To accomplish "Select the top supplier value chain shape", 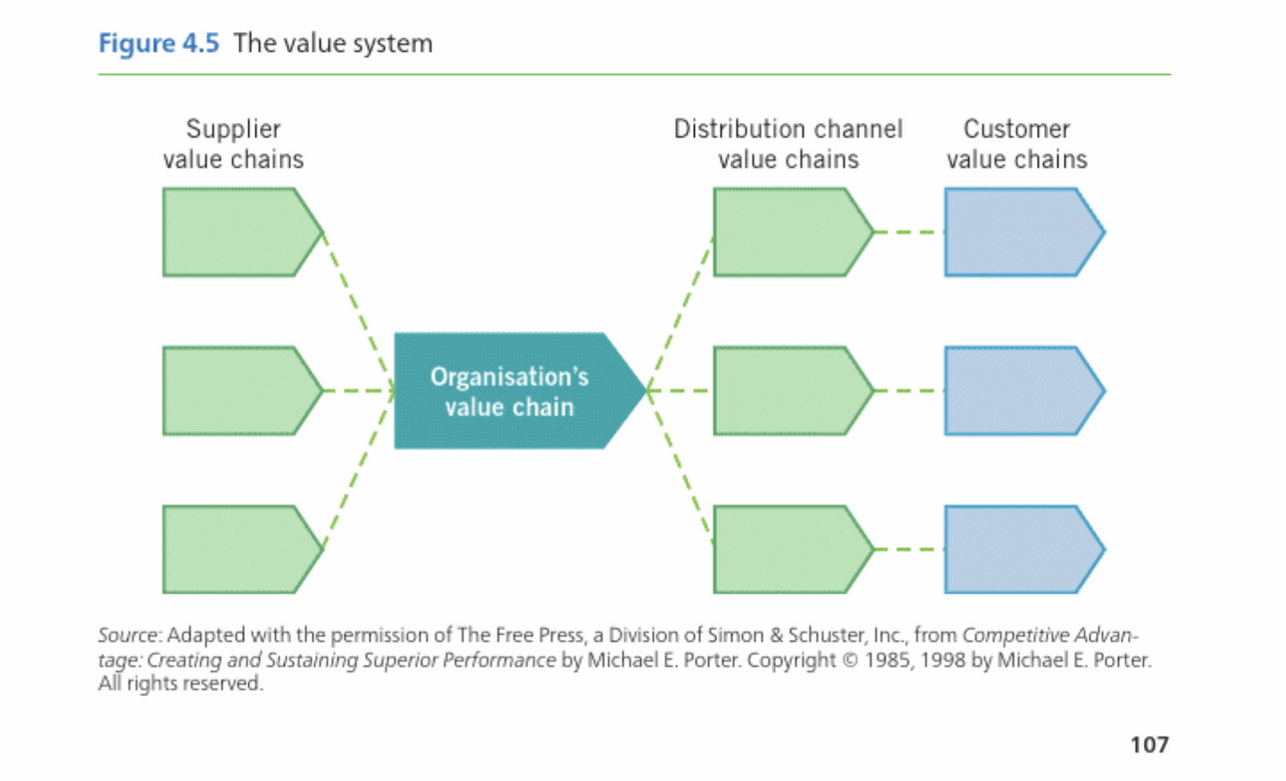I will coord(237,232).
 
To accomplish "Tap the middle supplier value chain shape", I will coord(237,391).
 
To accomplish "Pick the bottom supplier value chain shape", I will coord(237,549).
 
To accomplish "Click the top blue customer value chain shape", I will coord(1018,232).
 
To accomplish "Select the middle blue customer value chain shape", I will coord(1018,391).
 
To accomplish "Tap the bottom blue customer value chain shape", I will coord(1018,549).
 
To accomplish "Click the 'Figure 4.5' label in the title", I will coord(158,43).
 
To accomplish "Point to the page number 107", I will coord(1148,744).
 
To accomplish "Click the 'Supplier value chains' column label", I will coord(233,144).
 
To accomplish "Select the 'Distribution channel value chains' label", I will coord(788,144).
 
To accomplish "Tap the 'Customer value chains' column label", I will coord(1016,144).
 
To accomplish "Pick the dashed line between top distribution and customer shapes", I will coord(908,232).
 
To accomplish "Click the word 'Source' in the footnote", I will coord(128,636).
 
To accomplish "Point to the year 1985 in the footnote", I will coord(887,661).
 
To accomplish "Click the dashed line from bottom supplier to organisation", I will coord(357,470).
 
